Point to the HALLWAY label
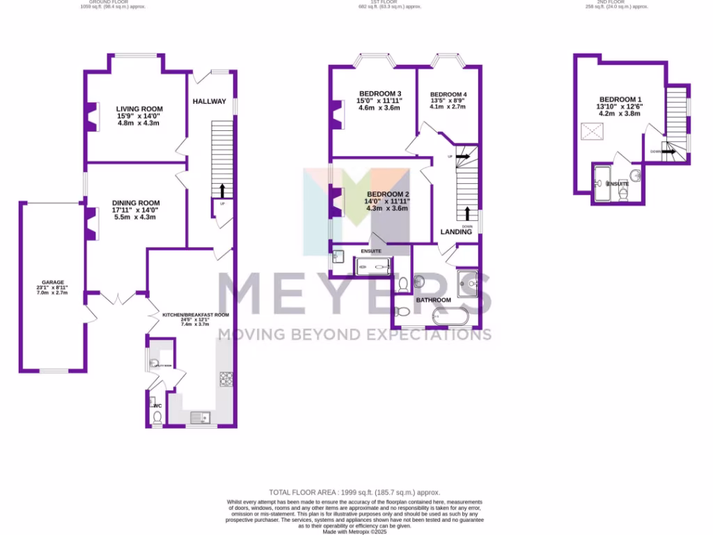210,101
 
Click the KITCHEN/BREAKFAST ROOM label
196,315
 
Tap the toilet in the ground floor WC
157,417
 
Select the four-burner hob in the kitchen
227,379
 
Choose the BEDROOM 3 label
379,94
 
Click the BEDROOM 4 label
448,95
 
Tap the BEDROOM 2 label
388,194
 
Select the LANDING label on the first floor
456,232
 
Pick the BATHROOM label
433,300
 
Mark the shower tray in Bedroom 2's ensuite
375,265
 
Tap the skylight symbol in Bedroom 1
593,131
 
